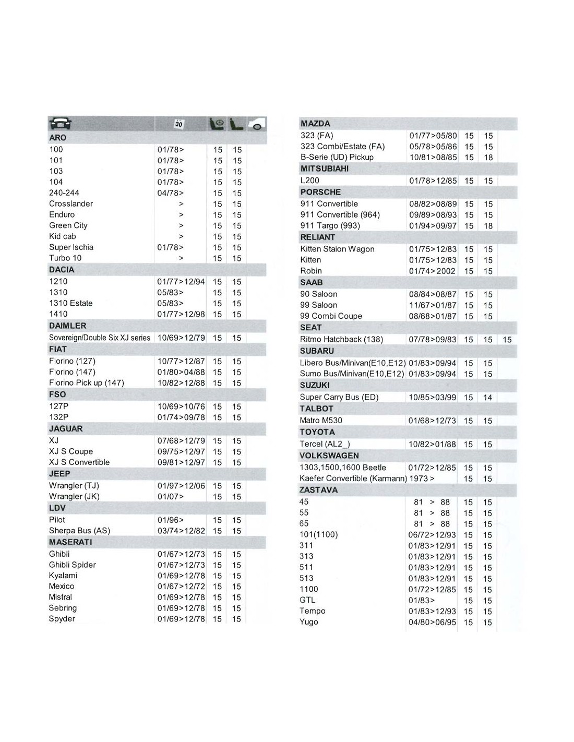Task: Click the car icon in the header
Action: pos(60,124)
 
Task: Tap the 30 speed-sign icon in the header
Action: pos(178,124)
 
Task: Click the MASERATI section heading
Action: pos(70,542)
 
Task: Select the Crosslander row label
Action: pos(71,204)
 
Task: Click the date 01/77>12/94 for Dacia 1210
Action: pos(181,282)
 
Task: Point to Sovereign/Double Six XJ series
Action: pos(100,338)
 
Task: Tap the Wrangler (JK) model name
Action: pos(74,496)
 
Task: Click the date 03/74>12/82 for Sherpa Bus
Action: pos(181,531)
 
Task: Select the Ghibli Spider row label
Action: pos(73,565)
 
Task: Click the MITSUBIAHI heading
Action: pos(325,169)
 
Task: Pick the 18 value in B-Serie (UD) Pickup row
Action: pos(488,158)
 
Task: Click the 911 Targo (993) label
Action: pos(330,225)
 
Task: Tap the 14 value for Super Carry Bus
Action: pos(487,398)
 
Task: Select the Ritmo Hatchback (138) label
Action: pos(341,339)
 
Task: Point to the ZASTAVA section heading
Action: pos(318,490)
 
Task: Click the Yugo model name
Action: pos(309,622)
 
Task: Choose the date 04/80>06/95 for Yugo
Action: pos(432,623)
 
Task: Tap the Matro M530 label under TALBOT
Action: pos(321,421)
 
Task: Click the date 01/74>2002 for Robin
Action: pos(432,271)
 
